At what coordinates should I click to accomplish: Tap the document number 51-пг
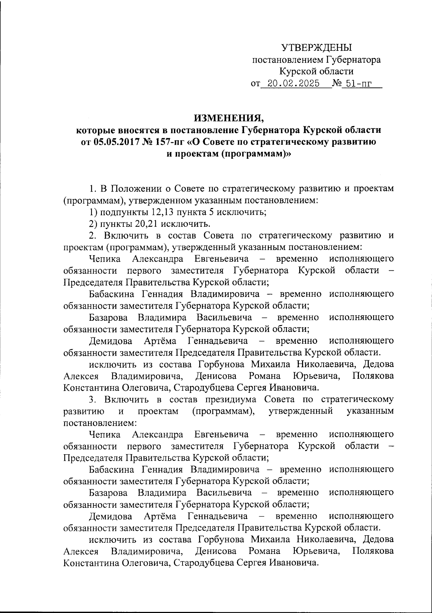[357, 84]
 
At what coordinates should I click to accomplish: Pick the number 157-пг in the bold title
[168, 142]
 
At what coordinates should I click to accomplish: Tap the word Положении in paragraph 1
[136, 189]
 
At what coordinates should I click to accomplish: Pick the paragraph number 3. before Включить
[93, 399]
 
